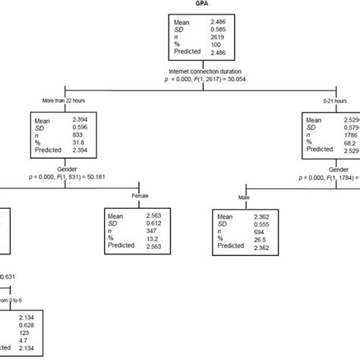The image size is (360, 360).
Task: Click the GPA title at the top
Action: point(180,3)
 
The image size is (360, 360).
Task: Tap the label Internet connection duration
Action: point(180,71)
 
